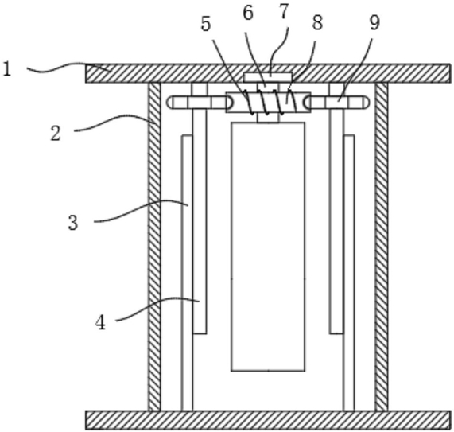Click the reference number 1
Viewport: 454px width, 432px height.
point(7,69)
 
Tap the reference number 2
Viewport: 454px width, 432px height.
point(56,134)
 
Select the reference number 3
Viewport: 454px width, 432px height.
point(73,223)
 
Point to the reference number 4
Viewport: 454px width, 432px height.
point(100,322)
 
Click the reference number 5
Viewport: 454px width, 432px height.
point(206,24)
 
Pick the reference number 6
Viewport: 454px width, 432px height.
point(248,13)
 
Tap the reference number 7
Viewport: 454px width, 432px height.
point(284,11)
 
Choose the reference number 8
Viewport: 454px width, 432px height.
point(317,22)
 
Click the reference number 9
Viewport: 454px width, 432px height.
point(374,22)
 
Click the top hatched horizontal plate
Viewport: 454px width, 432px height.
point(268,73)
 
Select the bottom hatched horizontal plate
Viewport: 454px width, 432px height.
point(268,420)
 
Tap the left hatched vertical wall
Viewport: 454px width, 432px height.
point(154,247)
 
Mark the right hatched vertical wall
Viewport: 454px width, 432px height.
point(382,247)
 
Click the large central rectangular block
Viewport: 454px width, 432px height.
point(268,247)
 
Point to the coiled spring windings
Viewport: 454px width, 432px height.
point(270,102)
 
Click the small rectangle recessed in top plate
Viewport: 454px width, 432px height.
point(267,77)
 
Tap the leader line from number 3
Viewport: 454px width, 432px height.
point(142,208)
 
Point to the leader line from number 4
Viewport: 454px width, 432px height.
point(158,305)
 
